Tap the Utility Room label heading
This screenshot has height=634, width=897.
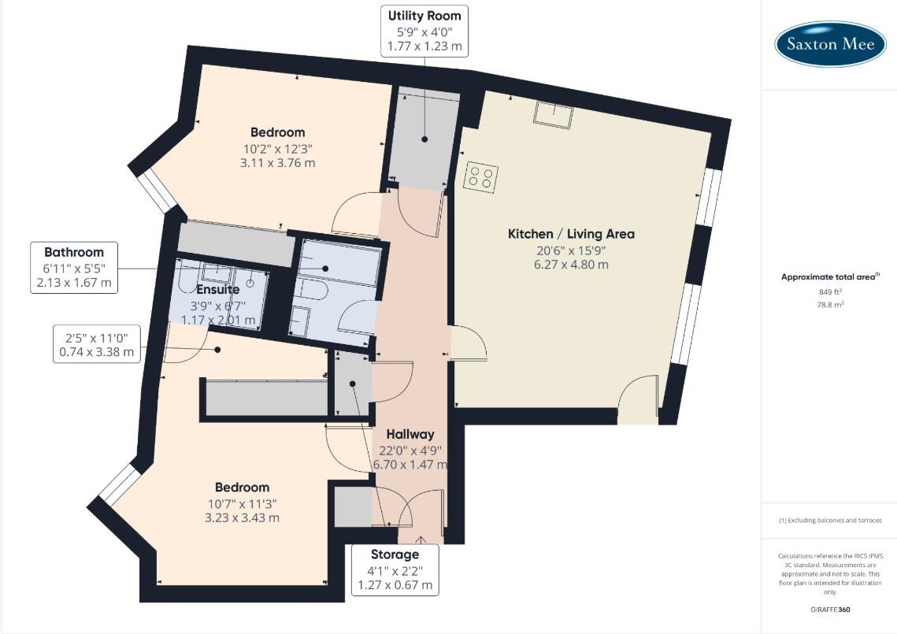pos(424,16)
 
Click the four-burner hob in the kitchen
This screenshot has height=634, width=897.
pos(480,176)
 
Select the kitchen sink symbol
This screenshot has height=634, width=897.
pos(554,115)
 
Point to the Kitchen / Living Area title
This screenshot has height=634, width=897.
pos(571,234)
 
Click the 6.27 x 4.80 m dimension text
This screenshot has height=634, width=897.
pos(571,265)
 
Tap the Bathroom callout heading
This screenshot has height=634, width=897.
pos(74,253)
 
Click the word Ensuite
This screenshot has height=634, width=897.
pos(217,290)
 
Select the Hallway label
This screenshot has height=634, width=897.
pos(410,434)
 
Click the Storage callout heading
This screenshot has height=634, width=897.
pos(395,554)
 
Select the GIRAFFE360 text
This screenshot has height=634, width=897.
pos(830,610)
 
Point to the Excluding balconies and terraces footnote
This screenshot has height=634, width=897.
pos(830,521)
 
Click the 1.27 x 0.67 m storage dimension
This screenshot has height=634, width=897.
pos(395,585)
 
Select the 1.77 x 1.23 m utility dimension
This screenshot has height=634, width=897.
pos(424,47)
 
